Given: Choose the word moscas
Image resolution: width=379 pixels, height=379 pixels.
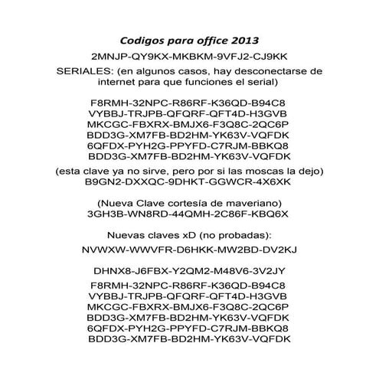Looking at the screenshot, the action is [278, 174].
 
